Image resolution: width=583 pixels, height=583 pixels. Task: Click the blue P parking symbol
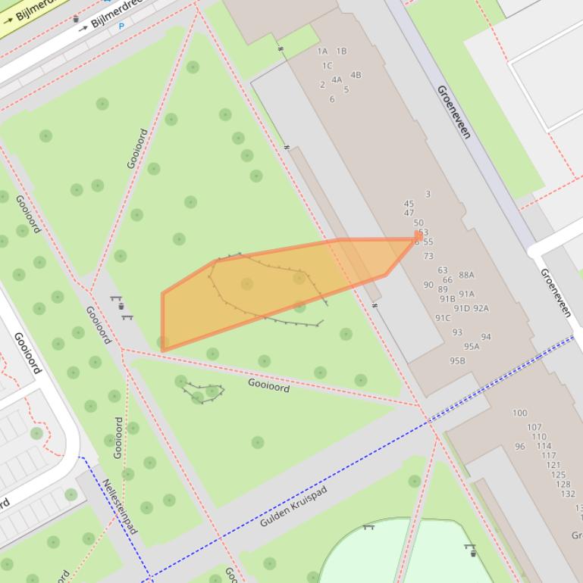[121, 26]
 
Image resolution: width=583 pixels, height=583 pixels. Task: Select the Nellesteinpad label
[120, 506]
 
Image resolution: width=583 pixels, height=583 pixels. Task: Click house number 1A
[322, 51]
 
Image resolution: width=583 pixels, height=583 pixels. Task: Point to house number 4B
[356, 75]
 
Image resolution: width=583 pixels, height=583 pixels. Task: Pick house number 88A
[466, 275]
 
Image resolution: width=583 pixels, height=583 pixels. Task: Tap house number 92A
[481, 308]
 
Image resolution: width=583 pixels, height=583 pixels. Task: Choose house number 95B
[456, 360]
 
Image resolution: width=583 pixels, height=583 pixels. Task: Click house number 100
[519, 413]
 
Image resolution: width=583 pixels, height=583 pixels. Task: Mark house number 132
[567, 494]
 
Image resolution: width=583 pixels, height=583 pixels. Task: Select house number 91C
[443, 318]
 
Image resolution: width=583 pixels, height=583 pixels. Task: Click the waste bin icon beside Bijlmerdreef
[76, 19]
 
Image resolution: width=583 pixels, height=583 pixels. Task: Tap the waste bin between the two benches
[121, 307]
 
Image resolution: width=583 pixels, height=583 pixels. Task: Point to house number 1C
[327, 65]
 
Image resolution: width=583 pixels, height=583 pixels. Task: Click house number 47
[409, 213]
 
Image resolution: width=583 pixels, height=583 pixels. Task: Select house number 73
[428, 256]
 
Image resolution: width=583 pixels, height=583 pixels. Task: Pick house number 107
[534, 427]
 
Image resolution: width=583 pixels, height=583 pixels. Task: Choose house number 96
[519, 446]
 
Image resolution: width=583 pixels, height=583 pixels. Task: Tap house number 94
[485, 337]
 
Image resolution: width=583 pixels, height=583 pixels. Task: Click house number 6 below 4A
[331, 99]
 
